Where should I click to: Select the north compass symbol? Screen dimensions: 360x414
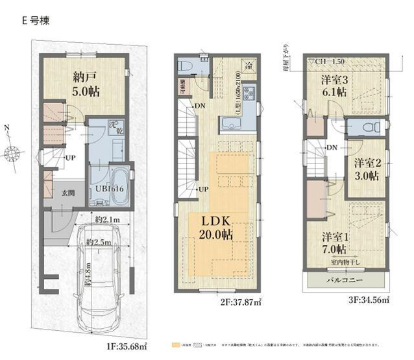(x=14, y=154)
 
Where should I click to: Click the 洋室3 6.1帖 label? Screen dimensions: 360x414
(x=334, y=85)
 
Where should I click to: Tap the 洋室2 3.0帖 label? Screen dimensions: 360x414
(x=367, y=172)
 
